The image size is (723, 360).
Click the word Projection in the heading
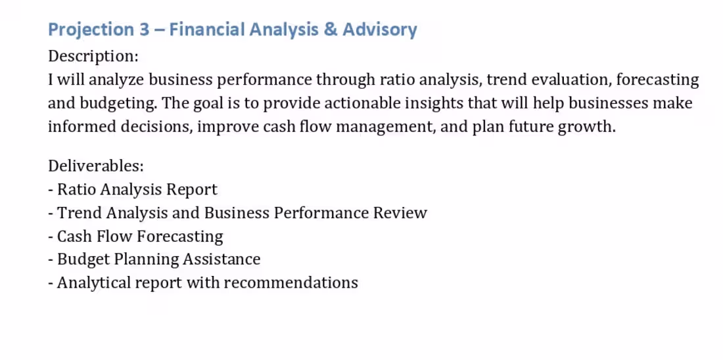(91, 30)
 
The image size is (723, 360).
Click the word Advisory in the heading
(380, 30)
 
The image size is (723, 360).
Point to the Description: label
(93, 56)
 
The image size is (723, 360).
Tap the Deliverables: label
(96, 166)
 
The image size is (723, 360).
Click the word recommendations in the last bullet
(291, 283)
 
